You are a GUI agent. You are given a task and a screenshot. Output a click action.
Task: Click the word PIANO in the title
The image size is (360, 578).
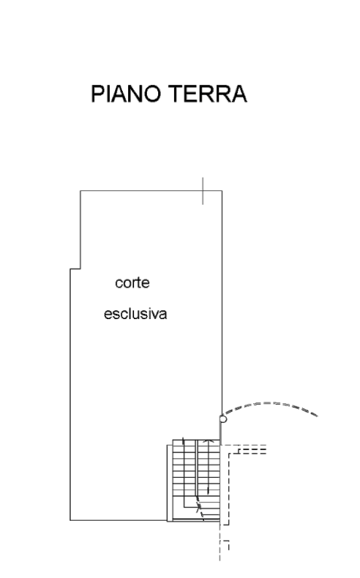coord(126,93)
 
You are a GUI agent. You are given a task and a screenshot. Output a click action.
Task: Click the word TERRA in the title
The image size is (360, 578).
coord(208,93)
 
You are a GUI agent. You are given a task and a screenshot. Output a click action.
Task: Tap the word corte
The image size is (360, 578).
coord(133,283)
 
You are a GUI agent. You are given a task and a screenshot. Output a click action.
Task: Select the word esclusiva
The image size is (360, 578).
coord(136,314)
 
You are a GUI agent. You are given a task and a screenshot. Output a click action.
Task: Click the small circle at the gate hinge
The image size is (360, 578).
coord(223,418)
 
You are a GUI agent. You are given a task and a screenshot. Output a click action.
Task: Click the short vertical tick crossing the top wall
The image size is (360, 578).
coord(203,190)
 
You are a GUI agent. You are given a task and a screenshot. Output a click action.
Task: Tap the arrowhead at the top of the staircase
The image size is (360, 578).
coord(209,441)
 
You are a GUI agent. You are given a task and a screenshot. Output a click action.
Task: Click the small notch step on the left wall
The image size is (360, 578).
coord(75,269)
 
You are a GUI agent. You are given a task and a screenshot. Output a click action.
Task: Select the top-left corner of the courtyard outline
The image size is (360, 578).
coord(81,190)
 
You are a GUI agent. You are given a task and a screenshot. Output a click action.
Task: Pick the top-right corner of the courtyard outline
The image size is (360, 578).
coord(222,190)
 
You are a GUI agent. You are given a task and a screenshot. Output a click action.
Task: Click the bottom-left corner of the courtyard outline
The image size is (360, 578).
coord(70,520)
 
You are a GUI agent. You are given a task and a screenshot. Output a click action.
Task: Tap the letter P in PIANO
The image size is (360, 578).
coord(96,93)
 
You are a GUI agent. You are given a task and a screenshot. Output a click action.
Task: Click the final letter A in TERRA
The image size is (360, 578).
coord(239,93)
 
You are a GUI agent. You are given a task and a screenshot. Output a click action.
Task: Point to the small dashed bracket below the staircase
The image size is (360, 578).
coord(225,545)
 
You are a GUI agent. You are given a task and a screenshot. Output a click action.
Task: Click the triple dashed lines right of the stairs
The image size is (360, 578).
coord(252,449)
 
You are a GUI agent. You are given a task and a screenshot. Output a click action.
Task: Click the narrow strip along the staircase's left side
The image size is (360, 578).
coord(169,483)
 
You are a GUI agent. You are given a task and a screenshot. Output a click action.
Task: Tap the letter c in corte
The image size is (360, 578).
coord(118,284)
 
